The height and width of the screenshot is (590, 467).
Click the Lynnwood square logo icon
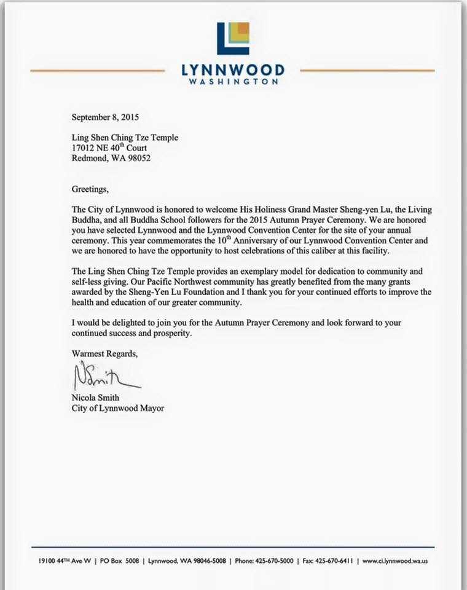[233, 38]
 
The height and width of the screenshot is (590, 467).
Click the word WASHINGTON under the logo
[233, 81]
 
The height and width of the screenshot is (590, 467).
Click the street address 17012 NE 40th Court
[109, 147]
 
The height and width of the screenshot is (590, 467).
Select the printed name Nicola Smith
[95, 398]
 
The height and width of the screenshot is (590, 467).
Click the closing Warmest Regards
[105, 354]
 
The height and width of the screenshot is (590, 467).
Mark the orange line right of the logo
[367, 71]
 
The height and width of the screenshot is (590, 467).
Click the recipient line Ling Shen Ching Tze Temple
[125, 138]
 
